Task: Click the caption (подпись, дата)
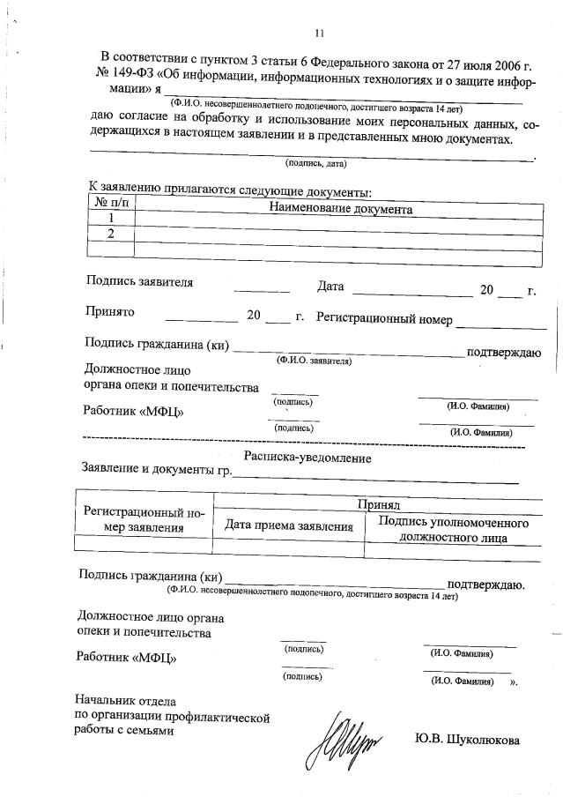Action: coord(315,164)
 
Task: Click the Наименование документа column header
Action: coord(341,211)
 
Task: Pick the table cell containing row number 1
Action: coord(111,219)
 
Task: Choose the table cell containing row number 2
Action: coord(111,234)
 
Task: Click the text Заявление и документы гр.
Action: coord(157,470)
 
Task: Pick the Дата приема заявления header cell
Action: coord(289,526)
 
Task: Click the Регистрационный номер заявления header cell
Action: coord(144,520)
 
